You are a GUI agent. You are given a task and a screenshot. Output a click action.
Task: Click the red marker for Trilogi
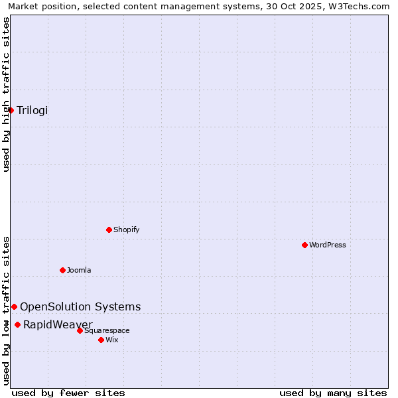[11, 110]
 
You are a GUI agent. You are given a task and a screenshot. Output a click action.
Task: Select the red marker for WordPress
[304, 245]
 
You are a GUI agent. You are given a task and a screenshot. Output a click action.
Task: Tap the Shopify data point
[109, 230]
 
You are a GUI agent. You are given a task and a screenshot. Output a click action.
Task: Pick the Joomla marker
[62, 270]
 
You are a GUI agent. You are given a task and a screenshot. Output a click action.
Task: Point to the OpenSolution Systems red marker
[14, 306]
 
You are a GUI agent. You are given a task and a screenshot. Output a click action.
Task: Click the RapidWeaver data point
[17, 324]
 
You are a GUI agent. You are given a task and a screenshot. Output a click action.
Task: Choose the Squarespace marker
[80, 330]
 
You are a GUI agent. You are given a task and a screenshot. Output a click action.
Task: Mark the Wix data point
[101, 340]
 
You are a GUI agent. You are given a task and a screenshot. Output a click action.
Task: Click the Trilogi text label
[33, 110]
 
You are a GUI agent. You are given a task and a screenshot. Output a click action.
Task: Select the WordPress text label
[328, 245]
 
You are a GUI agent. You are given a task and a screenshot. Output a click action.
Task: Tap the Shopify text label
[127, 230]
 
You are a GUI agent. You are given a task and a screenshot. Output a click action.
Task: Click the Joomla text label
[79, 270]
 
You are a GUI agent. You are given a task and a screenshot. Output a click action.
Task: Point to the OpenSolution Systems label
[80, 306]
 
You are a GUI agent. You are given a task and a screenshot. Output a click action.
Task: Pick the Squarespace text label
[107, 330]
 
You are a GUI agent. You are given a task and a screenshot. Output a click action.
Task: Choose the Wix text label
[112, 340]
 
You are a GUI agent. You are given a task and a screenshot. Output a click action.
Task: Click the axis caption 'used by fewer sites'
[68, 393]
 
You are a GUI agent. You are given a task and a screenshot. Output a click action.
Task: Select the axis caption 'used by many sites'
[333, 393]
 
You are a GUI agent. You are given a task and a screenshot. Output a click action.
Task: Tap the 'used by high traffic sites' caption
[6, 94]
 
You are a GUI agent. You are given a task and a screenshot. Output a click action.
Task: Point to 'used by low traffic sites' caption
[6, 310]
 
